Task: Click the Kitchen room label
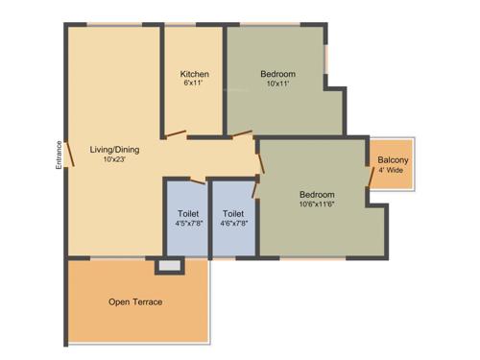tap(195, 74)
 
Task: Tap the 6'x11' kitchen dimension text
tap(195, 84)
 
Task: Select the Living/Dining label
tap(113, 149)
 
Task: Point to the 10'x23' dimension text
tap(113, 159)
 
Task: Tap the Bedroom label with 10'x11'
tap(277, 74)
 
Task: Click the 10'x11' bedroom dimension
tap(277, 84)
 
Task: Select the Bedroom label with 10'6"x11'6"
tap(316, 191)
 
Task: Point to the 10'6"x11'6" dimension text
tap(316, 203)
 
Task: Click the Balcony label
tap(394, 159)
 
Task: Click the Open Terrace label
tap(135, 302)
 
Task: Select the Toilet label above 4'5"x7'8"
tap(188, 213)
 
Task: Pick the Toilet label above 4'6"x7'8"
tap(233, 213)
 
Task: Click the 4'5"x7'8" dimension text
tap(188, 224)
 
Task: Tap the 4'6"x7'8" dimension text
tap(233, 224)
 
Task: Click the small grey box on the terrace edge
tap(169, 264)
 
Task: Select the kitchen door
tap(176, 134)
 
